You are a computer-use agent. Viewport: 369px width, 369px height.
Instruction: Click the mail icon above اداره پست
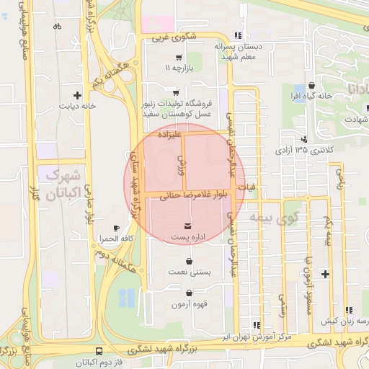click(x=188, y=226)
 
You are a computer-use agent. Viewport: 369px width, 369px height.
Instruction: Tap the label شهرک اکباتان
click(x=64, y=184)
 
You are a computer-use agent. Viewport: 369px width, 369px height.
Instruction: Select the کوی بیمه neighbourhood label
click(x=273, y=215)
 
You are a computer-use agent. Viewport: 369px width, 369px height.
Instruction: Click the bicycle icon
click(x=57, y=27)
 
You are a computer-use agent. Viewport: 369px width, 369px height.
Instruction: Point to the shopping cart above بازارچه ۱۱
click(x=178, y=57)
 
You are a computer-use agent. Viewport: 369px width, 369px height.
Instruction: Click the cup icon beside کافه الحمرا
click(x=117, y=228)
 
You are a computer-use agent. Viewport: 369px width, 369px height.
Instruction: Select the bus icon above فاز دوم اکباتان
click(x=99, y=351)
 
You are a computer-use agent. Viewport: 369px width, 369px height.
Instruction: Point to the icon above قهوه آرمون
click(x=189, y=293)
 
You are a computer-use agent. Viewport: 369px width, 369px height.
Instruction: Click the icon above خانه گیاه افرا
click(x=311, y=85)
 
